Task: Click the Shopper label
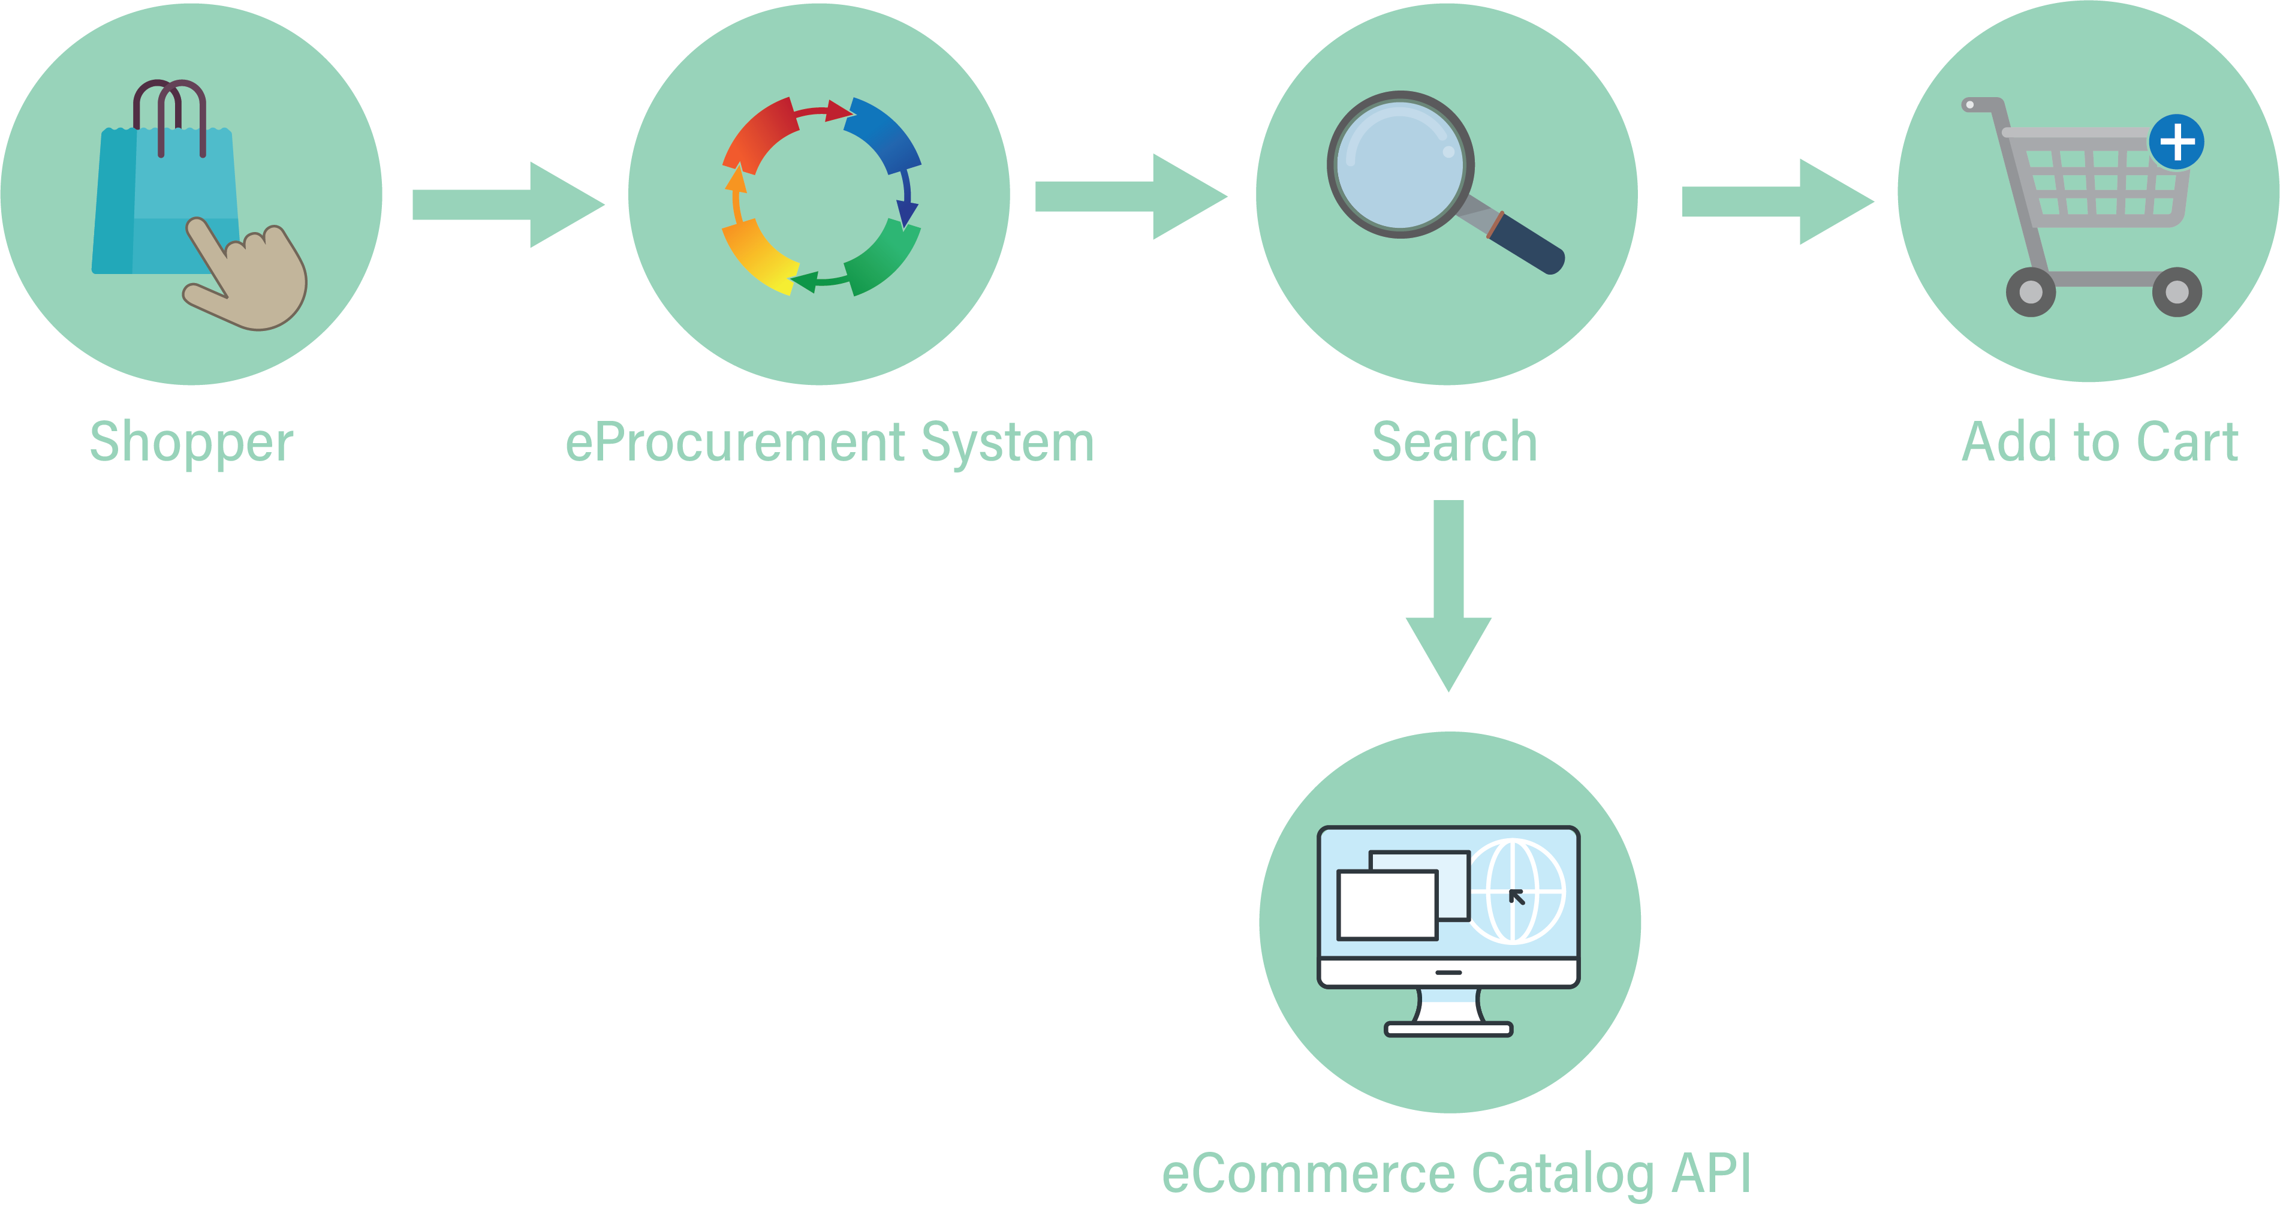coord(191,443)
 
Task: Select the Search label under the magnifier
coord(1454,443)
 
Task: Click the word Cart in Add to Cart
coord(2186,443)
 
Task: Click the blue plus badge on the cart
coord(2176,142)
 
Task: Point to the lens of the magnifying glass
coord(1399,164)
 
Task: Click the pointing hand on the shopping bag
coord(252,283)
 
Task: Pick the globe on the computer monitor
coord(1514,891)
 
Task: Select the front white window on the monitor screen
coord(1387,904)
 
